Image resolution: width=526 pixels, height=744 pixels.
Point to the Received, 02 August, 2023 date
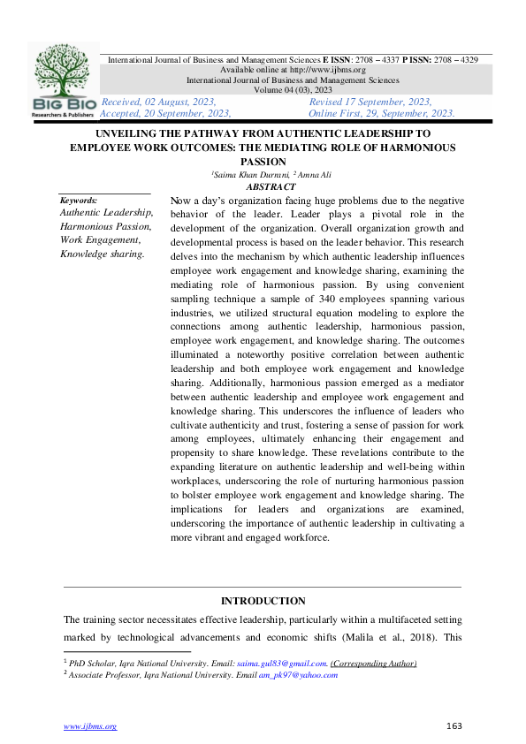159,102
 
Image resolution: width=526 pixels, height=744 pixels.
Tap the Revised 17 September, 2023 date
370,102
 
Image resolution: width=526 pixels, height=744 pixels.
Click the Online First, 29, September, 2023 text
382,113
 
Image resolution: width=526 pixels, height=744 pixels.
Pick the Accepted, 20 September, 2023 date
166,113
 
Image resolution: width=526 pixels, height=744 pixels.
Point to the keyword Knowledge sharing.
102,254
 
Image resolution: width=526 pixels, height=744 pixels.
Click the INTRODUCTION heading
263,601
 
